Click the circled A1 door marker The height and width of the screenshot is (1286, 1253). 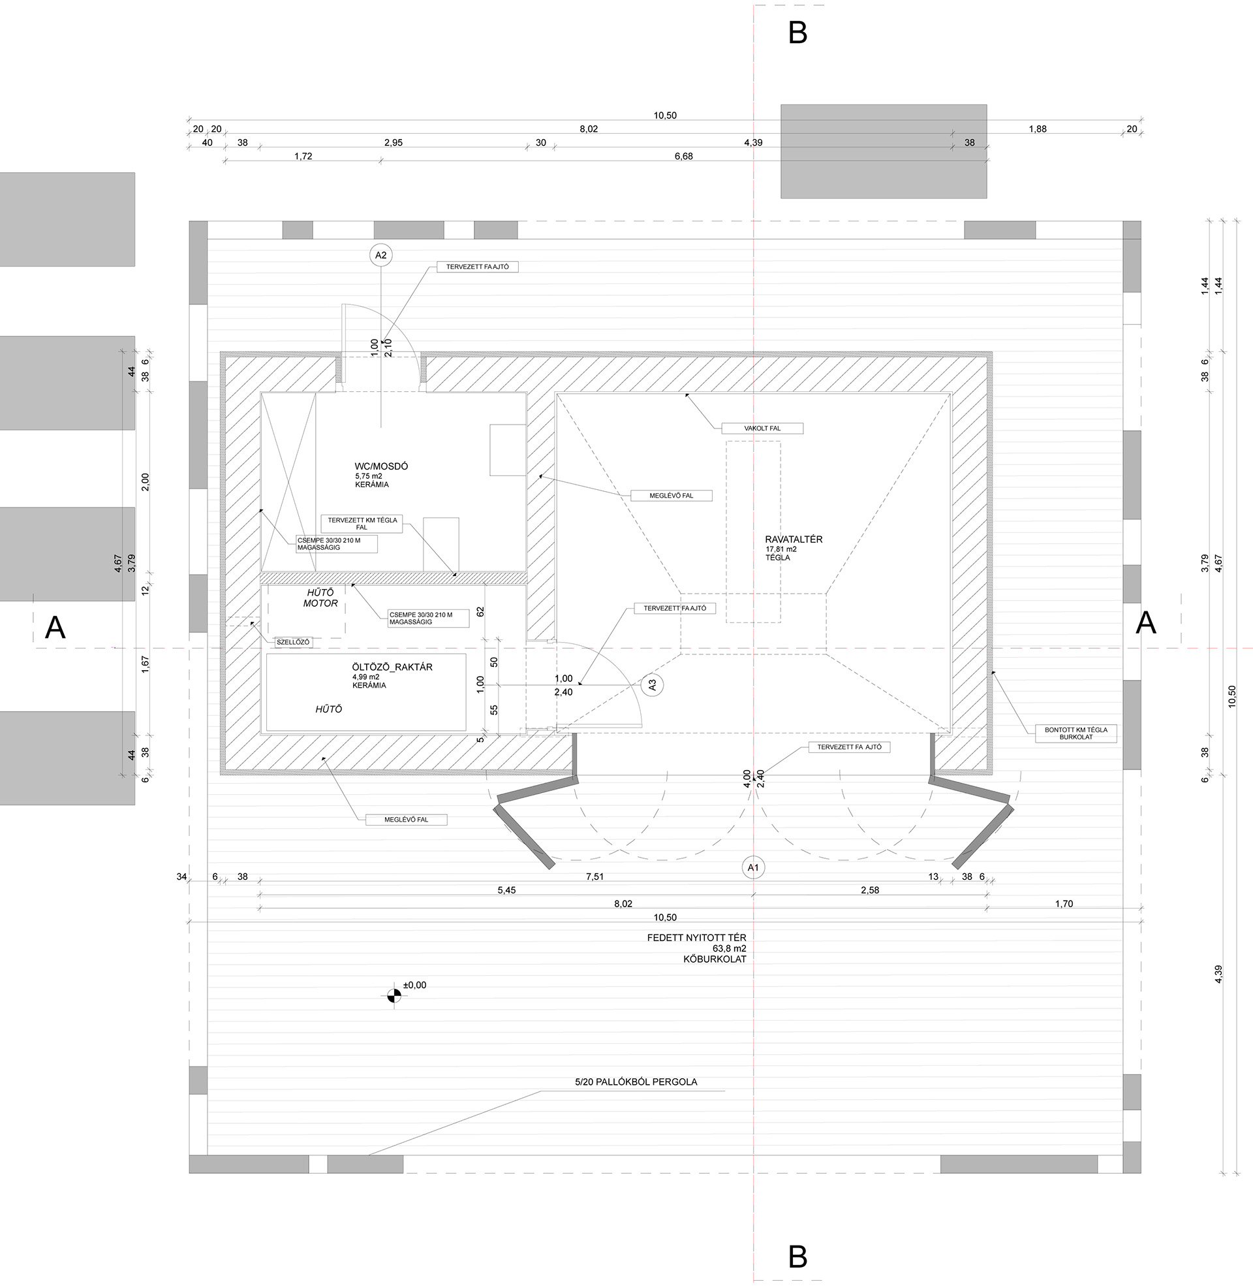pos(754,868)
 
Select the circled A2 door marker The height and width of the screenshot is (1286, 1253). pos(380,255)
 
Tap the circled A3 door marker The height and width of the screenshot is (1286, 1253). pos(652,685)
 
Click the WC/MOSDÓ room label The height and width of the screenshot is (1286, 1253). pos(381,466)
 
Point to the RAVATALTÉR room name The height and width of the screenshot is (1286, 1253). pos(794,539)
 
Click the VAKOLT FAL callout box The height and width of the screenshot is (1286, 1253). pos(763,428)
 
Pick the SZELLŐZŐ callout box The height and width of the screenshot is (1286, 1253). pos(293,642)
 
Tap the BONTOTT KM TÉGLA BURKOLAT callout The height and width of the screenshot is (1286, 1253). pos(1076,733)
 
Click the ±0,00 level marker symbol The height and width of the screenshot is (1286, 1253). pos(394,995)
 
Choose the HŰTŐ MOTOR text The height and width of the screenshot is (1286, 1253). pos(320,598)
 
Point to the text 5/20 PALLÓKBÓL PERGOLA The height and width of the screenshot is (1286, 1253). pos(636,1082)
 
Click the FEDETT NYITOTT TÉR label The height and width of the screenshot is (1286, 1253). pos(696,937)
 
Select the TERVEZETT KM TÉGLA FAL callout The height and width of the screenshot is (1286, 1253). pos(363,524)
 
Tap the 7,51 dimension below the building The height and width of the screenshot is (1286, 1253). pos(595,876)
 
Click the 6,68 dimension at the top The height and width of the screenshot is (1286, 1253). pos(684,156)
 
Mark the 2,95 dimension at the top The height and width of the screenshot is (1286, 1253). pos(394,142)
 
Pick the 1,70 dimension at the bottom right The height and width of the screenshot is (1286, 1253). pos(1064,903)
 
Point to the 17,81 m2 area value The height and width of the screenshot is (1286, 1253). pos(781,549)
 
